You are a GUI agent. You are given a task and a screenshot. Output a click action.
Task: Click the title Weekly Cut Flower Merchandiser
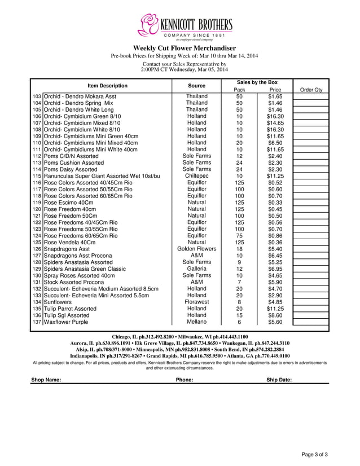[x=184, y=49]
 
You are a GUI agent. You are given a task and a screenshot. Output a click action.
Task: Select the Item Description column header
[x=107, y=86]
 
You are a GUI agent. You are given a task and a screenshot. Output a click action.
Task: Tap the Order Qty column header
[x=311, y=90]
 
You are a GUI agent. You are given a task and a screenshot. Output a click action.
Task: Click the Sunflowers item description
[x=58, y=302]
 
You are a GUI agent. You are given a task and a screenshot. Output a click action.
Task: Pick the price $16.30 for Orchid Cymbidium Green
[x=275, y=116]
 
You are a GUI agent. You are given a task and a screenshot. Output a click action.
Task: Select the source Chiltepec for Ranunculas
[x=196, y=176]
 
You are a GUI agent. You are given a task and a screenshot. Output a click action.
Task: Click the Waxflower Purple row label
[x=66, y=322]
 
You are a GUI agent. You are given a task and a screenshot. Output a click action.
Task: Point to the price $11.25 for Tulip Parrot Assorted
[x=275, y=309]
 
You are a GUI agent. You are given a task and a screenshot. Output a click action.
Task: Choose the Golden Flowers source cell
[x=196, y=249]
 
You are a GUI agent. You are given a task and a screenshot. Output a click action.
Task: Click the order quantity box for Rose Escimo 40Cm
[x=311, y=203]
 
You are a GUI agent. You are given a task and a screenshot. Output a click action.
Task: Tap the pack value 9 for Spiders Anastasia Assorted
[x=239, y=262]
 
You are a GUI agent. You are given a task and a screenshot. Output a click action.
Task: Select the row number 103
[x=37, y=96]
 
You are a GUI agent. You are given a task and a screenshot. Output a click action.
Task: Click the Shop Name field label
[x=46, y=380]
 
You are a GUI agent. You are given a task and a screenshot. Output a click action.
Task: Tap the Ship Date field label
[x=279, y=380]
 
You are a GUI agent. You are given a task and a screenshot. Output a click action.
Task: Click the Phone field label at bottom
[x=185, y=380]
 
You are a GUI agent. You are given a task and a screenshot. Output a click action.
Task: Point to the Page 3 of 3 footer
[x=314, y=454]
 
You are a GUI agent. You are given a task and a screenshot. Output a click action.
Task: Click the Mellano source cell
[x=196, y=322]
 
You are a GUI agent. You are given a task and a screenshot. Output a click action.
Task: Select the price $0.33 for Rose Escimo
[x=275, y=203]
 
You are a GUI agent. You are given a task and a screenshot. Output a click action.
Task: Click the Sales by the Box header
[x=257, y=82]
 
